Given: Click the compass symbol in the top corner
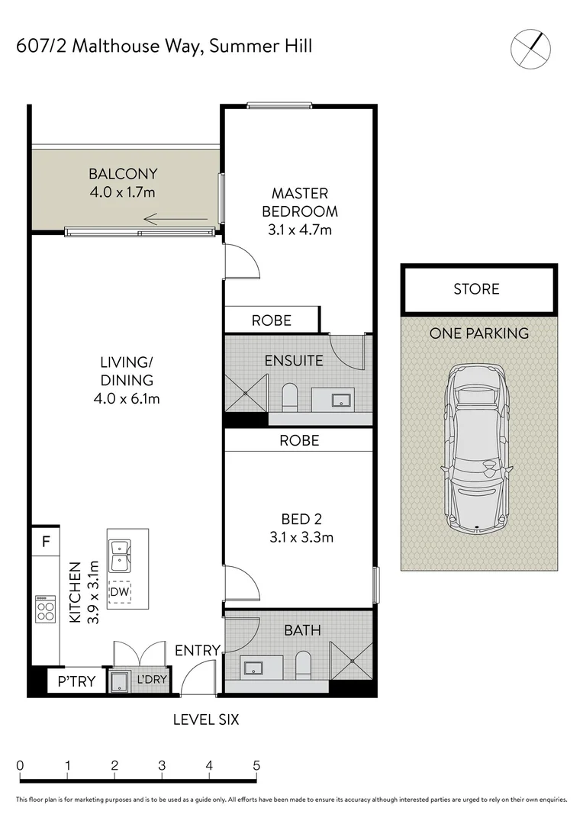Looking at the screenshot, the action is pos(530,49).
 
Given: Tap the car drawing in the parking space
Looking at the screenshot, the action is pos(478,448).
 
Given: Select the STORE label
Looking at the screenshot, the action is pos(476,289).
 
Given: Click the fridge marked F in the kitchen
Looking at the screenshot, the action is pos(46,541).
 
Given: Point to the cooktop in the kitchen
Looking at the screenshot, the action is pos(45,609).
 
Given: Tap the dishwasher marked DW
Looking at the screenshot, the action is pos(119,592).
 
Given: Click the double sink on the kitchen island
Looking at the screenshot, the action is pos(120,556).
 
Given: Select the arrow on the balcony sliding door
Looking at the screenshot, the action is pos(176,219).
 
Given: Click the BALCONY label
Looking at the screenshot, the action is pos(123,174).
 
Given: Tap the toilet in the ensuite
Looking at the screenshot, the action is pos(290,398).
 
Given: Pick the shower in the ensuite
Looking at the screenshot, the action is pos(246,393).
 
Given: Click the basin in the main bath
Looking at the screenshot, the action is pos(254,668).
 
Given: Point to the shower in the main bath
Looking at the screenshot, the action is pos(351,661).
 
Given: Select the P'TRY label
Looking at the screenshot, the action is pos(76,681).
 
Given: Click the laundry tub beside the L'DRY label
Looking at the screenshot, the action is pos(118,681).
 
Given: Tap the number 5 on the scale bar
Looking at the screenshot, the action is pos(256,765).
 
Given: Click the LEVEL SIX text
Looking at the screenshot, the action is pos(206,719).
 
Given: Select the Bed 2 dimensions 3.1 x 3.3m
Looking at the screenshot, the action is pos(301,538).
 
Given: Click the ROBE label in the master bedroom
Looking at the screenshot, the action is pos(271,320).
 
